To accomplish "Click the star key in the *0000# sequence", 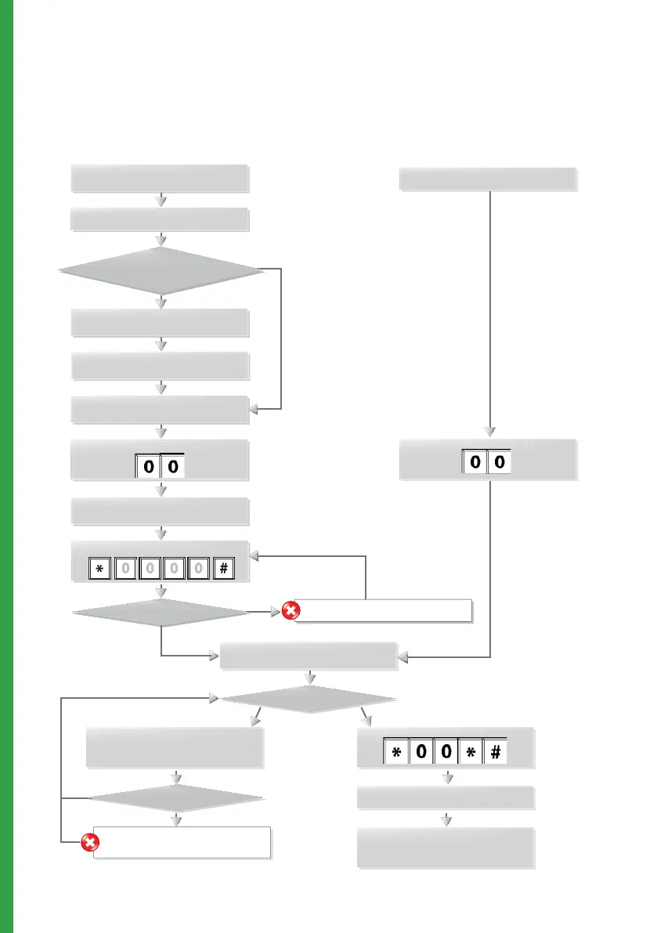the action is point(99,570).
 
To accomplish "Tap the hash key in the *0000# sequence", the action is point(223,570).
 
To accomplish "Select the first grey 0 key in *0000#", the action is point(125,570).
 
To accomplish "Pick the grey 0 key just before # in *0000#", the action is point(199,570).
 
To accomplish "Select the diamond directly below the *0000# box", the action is point(161,612).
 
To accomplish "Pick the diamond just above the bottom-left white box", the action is point(176,800).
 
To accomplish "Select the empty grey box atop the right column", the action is point(488,179).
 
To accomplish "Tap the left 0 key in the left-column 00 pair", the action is point(149,468).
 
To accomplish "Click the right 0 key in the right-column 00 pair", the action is point(500,463).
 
